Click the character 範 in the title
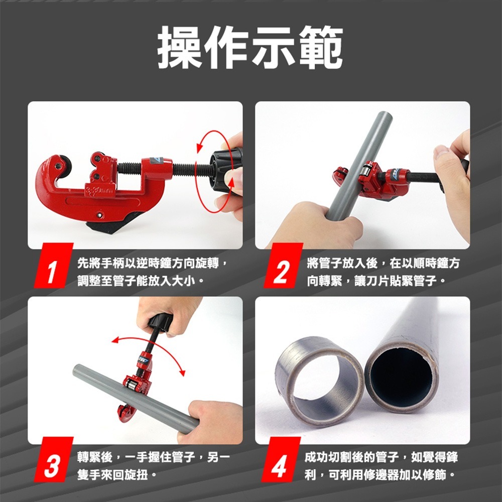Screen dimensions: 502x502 click(x=320, y=47)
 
